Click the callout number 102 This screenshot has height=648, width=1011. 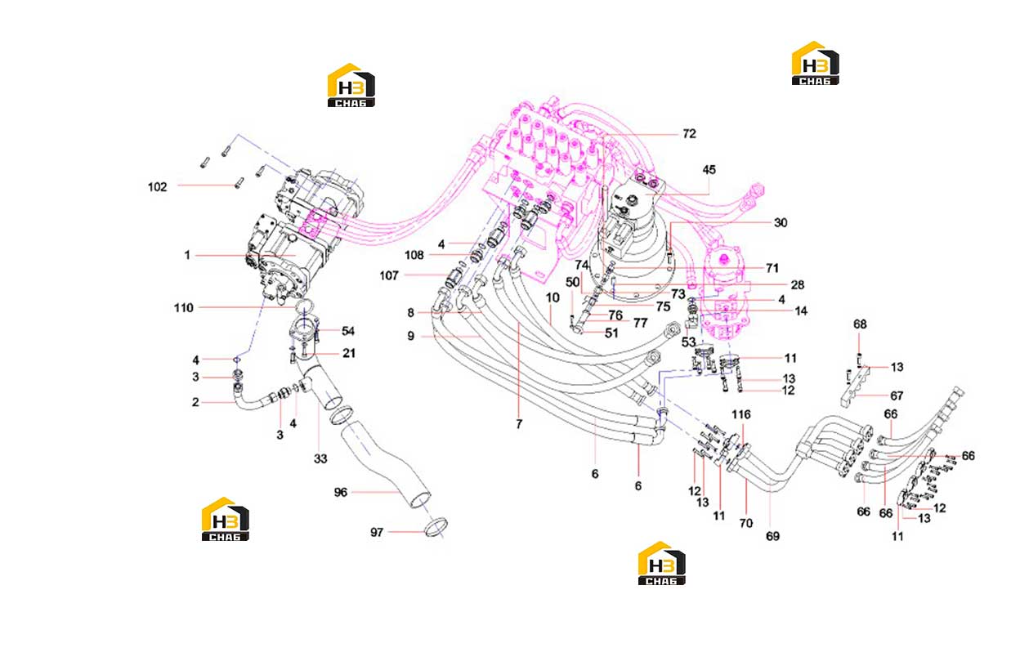click(158, 187)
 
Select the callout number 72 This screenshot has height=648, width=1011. click(689, 133)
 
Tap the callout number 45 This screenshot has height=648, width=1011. click(709, 170)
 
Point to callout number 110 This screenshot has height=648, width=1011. click(183, 308)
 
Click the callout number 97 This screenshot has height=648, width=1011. click(377, 533)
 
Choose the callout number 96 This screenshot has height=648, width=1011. click(341, 492)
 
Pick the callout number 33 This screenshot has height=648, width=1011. click(320, 458)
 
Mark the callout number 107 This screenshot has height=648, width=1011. click(389, 275)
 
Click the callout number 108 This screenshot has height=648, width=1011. click(414, 256)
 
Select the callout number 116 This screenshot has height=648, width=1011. click(741, 414)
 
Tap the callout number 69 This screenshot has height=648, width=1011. click(772, 536)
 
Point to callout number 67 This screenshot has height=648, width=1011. click(897, 396)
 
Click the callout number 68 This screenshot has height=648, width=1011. click(860, 324)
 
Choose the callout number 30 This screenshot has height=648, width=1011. click(781, 222)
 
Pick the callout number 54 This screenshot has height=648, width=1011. click(348, 331)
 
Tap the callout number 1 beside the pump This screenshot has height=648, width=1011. click(187, 256)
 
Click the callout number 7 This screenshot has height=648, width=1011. click(519, 424)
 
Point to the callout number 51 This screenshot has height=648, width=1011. click(611, 333)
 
